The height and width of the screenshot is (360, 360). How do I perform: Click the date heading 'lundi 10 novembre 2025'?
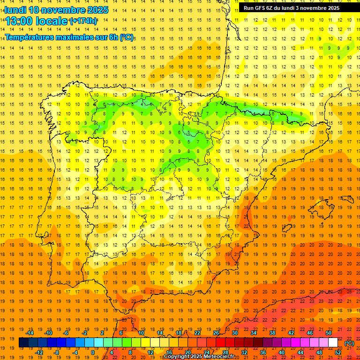(56, 10)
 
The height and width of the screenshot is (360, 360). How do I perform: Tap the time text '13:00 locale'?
(37, 21)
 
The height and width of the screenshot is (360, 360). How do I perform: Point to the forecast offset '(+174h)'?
(83, 21)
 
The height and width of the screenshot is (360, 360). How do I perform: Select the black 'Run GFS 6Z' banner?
(298, 7)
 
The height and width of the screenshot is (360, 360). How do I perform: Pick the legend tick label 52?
(338, 352)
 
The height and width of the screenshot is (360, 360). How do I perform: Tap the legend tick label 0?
(93, 352)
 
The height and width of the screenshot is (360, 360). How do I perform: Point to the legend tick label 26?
(216, 333)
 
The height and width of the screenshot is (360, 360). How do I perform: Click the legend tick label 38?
(272, 333)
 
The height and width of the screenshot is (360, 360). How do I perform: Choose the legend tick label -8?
(56, 352)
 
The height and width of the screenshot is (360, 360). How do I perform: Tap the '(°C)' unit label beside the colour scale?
(349, 343)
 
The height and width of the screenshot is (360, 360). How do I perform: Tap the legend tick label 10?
(141, 333)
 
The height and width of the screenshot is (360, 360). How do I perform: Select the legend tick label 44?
(300, 352)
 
